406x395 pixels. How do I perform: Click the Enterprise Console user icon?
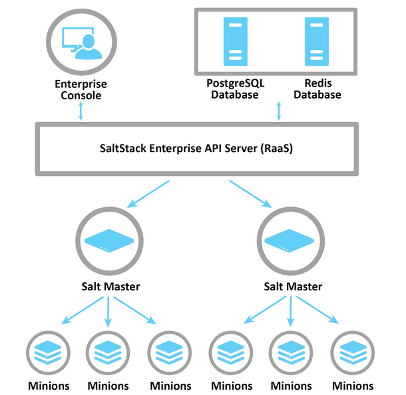coord(81,43)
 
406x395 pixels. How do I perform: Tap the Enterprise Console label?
coord(81,90)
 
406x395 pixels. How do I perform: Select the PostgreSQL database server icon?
coord(234,41)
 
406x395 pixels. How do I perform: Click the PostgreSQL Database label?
coord(234,89)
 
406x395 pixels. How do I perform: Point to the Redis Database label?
coord(317,89)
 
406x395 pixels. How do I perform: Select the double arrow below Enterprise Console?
coord(81,111)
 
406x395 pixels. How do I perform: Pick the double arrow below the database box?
coord(278,111)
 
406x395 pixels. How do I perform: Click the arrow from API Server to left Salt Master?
coord(150,193)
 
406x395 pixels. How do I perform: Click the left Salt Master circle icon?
coord(108,240)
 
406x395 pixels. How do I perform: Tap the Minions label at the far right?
coord(353,386)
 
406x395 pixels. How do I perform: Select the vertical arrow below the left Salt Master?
coord(108,313)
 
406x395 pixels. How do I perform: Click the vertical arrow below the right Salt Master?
coord(292,313)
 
